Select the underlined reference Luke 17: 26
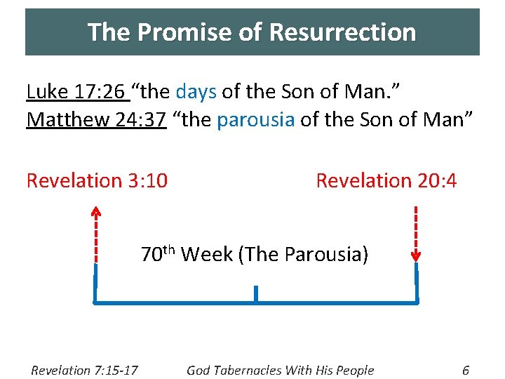point(75,92)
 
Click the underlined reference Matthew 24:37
point(96,120)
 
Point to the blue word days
point(196,92)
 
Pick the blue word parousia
point(255,120)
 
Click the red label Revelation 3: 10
point(97,181)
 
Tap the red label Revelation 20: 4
point(386,181)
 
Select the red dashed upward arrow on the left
point(96,232)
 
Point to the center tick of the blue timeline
point(256,294)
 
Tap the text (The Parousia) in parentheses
point(303,254)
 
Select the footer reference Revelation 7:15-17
point(84,370)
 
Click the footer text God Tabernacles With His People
point(280,370)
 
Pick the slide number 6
point(466,370)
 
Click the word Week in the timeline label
point(207,254)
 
